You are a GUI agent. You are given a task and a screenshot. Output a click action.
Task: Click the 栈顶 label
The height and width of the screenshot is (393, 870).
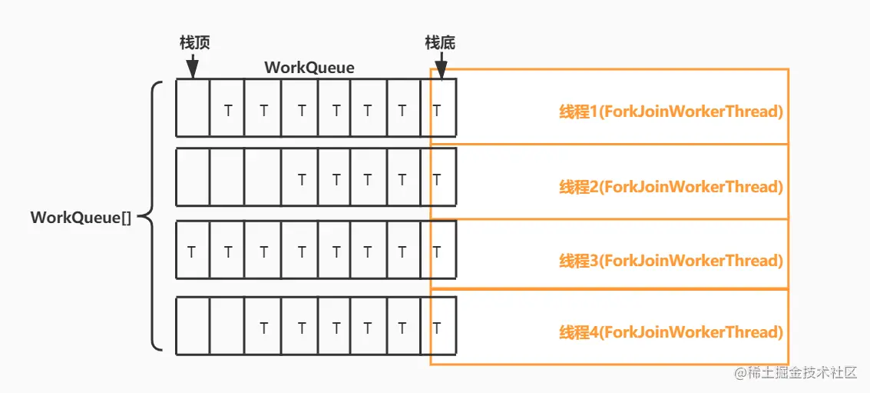point(194,42)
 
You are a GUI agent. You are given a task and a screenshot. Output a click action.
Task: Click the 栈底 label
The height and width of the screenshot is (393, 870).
point(440,42)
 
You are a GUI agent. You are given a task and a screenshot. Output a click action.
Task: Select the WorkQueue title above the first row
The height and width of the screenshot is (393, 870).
point(309,68)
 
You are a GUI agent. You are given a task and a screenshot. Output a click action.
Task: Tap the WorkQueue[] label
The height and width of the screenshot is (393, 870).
point(81,217)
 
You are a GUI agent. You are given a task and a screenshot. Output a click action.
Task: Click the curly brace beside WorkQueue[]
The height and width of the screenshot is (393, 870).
point(156,217)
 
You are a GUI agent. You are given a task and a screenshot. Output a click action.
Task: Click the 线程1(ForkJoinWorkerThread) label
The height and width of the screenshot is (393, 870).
point(670,112)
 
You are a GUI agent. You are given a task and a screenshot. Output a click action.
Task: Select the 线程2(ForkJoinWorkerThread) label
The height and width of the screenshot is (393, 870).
point(670,187)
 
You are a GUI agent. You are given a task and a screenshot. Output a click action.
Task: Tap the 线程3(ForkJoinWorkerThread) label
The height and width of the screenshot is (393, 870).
point(670,261)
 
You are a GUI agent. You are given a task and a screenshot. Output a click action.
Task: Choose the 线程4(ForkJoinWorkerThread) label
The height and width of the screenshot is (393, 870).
point(670,332)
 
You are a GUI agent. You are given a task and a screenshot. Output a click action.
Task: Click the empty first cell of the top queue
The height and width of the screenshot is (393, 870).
point(193,108)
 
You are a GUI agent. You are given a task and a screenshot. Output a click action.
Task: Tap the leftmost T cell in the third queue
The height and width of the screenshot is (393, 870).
point(193,251)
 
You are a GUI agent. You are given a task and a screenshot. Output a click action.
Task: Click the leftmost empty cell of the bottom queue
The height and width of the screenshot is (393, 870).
point(193,327)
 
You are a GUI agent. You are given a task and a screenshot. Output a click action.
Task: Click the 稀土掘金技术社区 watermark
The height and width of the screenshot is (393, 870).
point(795,373)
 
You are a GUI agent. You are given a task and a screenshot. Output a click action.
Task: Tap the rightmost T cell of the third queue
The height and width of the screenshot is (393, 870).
point(438,251)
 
